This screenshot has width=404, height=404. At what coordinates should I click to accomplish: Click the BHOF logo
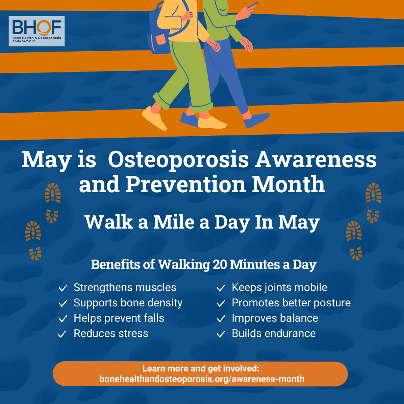pyautogui.click(x=37, y=31)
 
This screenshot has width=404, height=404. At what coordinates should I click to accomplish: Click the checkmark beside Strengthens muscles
pyautogui.click(x=63, y=288)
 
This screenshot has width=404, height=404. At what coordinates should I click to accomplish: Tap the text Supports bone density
pyautogui.click(x=128, y=303)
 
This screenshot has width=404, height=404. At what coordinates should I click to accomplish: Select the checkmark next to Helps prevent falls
pyautogui.click(x=63, y=319)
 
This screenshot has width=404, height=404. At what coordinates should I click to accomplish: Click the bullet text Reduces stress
pyautogui.click(x=111, y=333)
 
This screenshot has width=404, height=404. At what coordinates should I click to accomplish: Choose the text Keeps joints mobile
pyautogui.click(x=279, y=287)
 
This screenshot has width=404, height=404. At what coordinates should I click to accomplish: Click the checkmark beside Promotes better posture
pyautogui.click(x=221, y=303)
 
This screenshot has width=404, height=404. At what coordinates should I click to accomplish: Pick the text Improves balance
pyautogui.click(x=275, y=318)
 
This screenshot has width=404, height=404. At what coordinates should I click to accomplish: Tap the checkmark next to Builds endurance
pyautogui.click(x=221, y=334)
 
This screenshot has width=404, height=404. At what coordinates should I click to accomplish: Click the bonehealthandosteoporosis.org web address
pyautogui.click(x=202, y=379)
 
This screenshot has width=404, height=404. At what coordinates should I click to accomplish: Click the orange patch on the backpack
pyautogui.click(x=161, y=39)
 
